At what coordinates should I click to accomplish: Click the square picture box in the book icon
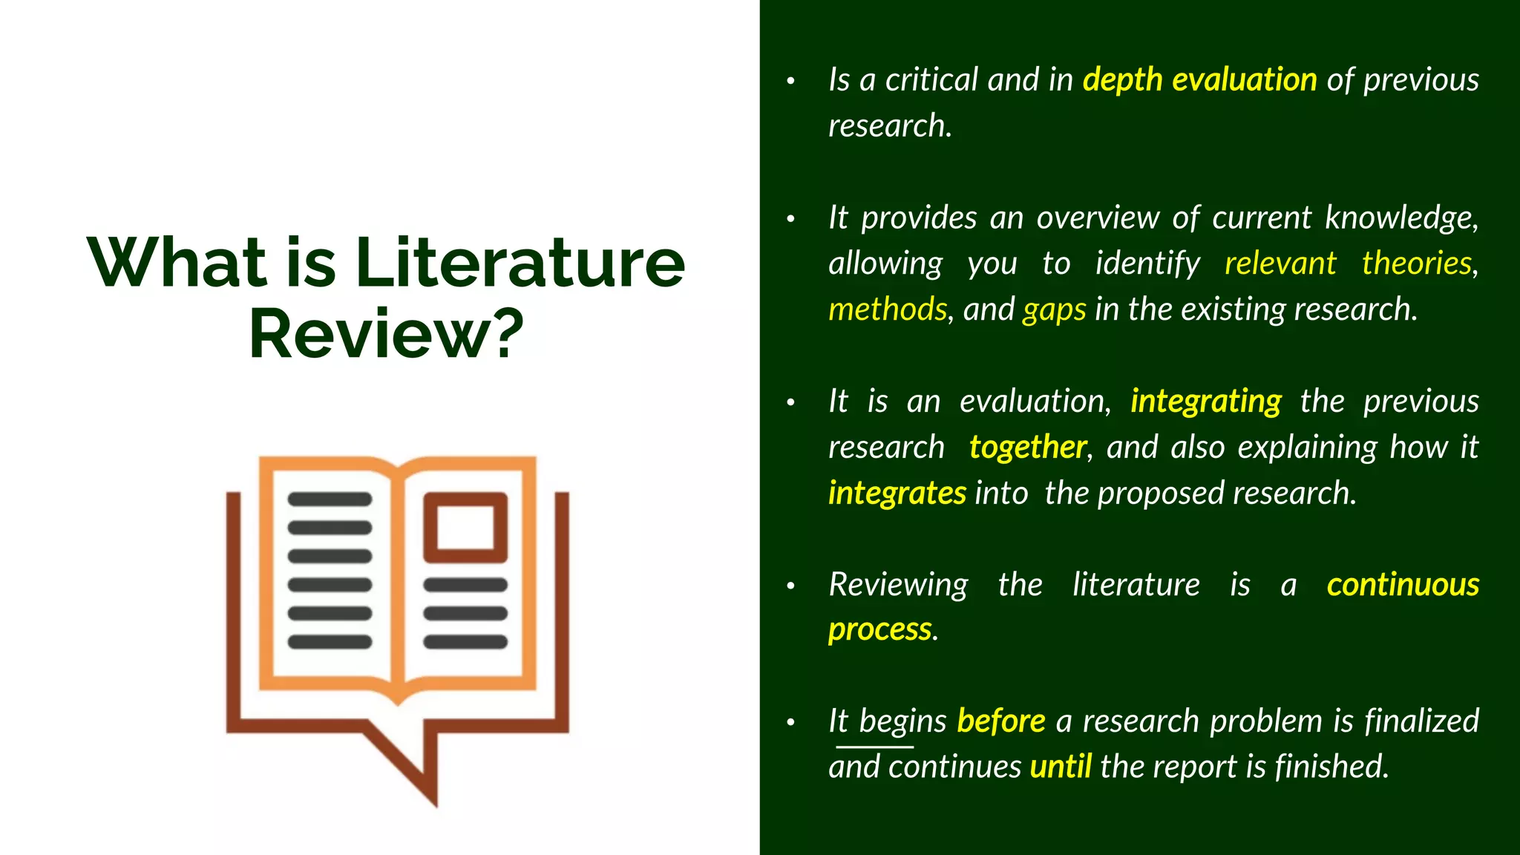coord(465,528)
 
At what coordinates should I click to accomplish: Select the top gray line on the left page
coord(330,499)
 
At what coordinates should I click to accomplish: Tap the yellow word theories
coord(1416,263)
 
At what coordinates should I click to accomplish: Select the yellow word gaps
coord(1054,309)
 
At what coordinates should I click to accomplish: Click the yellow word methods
coord(887,309)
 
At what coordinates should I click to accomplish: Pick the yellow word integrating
coord(1205,402)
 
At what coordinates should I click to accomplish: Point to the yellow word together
coord(1027,448)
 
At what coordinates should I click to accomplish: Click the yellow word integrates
coord(897,494)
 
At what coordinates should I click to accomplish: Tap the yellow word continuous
coord(1402,585)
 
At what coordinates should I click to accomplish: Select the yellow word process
coord(879,630)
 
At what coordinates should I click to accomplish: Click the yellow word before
coord(1000,721)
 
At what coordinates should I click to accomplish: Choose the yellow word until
coord(1060,767)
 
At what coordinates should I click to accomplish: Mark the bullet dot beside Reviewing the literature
coord(791,586)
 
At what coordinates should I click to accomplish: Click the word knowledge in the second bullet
coord(1400,218)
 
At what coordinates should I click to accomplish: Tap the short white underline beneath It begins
coord(874,747)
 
